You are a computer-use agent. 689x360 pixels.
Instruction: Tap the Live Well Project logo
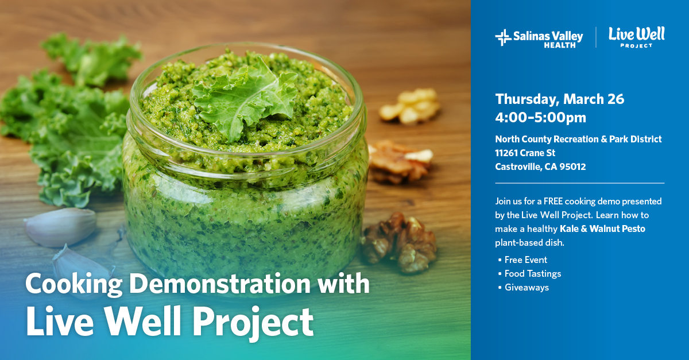point(636,37)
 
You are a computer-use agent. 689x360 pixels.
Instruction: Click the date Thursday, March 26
point(559,99)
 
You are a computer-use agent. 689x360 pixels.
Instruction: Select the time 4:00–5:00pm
point(540,118)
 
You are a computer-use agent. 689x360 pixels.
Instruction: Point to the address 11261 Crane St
point(525,153)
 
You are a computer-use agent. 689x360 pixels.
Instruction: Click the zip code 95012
point(573,167)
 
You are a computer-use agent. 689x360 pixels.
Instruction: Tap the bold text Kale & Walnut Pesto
point(602,229)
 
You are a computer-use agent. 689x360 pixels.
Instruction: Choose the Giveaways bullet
point(526,288)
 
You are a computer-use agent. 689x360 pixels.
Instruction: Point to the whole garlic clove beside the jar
point(60,226)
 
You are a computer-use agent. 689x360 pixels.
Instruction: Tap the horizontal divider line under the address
point(579,183)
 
